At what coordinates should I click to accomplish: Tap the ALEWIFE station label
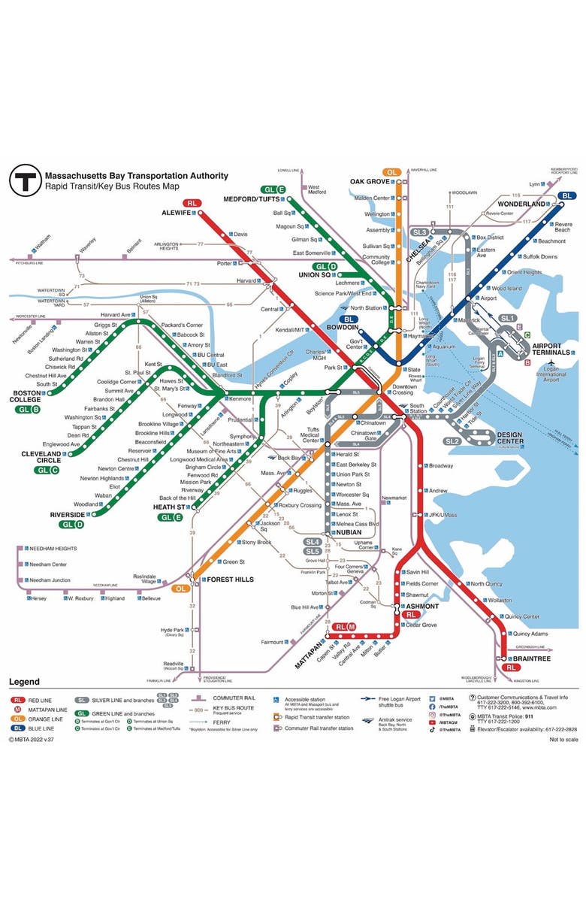177,213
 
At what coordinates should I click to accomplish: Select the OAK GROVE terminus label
370,181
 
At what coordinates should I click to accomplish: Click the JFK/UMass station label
443,515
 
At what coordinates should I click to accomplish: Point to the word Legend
24,682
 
